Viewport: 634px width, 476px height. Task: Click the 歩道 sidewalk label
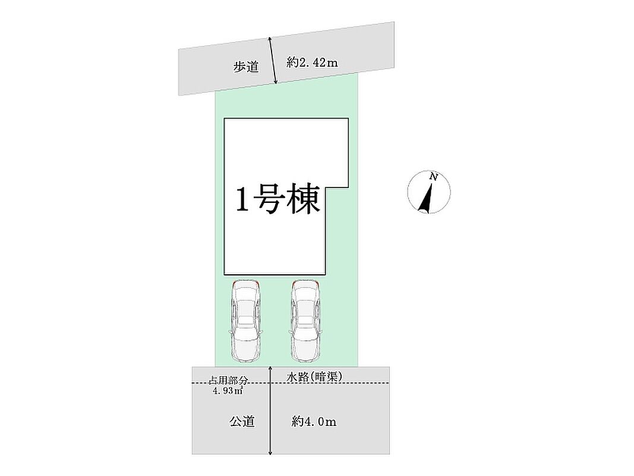[x=245, y=67]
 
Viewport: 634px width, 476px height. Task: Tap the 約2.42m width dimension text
[x=312, y=62]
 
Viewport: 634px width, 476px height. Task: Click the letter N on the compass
[x=434, y=177]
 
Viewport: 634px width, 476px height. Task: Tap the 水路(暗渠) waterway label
[x=314, y=375]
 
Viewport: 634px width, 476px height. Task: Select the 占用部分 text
[x=228, y=380]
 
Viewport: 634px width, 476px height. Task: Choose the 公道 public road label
[x=242, y=422]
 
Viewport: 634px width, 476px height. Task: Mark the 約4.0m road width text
[x=314, y=422]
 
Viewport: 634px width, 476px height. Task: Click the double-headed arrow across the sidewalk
[x=273, y=60]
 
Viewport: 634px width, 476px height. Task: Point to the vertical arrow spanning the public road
[x=270, y=416]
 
